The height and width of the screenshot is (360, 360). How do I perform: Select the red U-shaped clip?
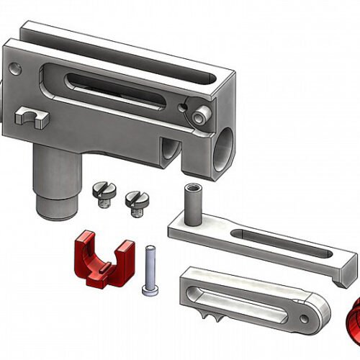click(x=102, y=258)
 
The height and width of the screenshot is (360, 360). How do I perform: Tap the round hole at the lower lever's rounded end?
click(x=315, y=311)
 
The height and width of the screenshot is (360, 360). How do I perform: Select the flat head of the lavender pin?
click(x=149, y=290)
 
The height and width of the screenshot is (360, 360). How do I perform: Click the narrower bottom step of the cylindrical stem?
click(x=56, y=207)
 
